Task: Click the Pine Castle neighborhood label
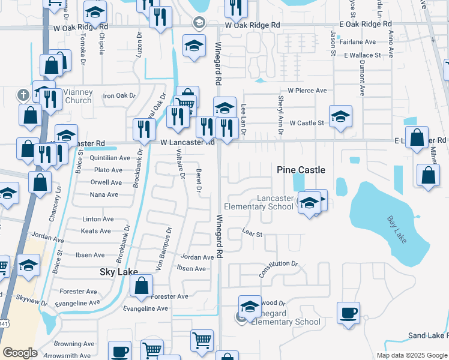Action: (x=301, y=170)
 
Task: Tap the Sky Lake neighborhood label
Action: (x=119, y=272)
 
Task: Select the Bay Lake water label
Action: (x=396, y=229)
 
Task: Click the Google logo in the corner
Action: (x=20, y=353)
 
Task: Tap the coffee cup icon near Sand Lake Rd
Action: (x=348, y=313)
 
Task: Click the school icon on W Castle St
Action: (x=340, y=117)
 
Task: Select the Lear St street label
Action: (x=252, y=233)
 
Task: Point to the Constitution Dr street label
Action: (x=278, y=268)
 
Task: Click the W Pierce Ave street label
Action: (x=307, y=91)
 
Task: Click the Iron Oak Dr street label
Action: (x=120, y=95)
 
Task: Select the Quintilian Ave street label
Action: (x=109, y=158)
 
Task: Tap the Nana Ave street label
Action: (x=104, y=194)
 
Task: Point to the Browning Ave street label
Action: (x=74, y=344)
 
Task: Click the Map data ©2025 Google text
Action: (x=412, y=355)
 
